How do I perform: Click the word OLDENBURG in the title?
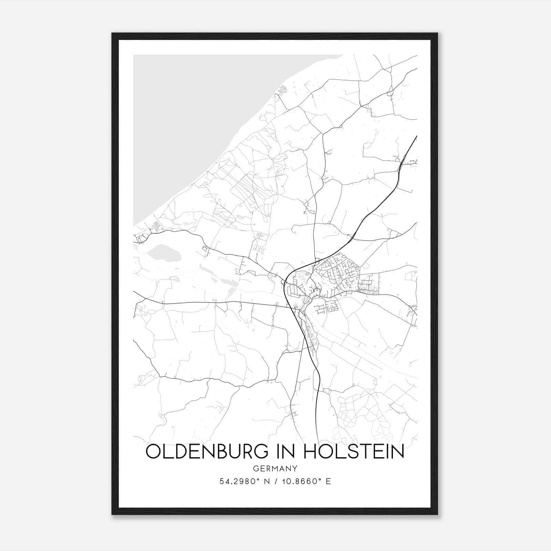coord(206,452)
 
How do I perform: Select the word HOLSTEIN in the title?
coord(354,452)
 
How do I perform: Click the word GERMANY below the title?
coord(275,469)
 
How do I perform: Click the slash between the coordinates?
coord(275,481)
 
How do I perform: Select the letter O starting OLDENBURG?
coord(154,452)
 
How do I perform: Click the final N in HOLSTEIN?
coord(397,452)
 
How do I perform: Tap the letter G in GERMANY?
coord(256,469)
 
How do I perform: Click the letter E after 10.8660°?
coord(329,481)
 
